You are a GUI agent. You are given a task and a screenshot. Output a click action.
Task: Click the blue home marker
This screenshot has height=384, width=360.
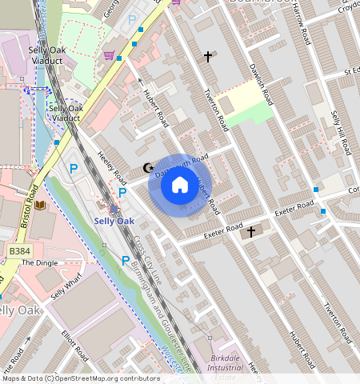click(x=180, y=186)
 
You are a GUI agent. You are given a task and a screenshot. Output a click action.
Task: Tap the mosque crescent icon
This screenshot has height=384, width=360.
click(x=147, y=168)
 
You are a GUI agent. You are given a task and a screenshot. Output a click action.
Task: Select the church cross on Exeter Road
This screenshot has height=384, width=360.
click(x=251, y=232)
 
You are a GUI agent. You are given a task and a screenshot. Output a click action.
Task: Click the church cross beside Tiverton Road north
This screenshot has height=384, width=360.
click(x=209, y=57)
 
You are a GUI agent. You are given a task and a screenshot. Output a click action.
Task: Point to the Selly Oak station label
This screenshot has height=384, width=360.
click(x=114, y=221)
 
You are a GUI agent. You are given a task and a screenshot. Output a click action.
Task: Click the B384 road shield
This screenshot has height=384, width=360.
click(x=19, y=251)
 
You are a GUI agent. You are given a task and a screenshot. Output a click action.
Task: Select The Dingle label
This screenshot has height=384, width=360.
click(x=39, y=262)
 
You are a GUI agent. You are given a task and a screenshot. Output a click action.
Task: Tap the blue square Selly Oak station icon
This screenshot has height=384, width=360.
click(x=114, y=210)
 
